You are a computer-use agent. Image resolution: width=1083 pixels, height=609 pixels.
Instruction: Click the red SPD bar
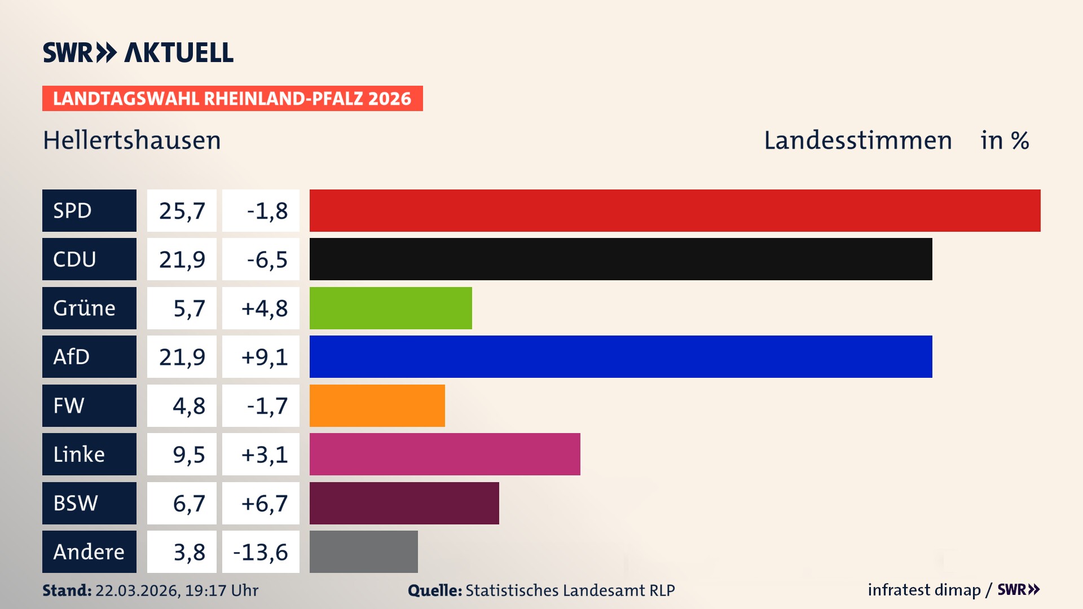click(x=675, y=210)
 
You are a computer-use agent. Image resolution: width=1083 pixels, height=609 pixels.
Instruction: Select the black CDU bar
click(x=620, y=259)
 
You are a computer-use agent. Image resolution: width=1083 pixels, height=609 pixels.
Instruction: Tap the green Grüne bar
click(x=390, y=308)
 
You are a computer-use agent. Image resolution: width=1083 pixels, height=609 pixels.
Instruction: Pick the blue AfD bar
click(x=620, y=356)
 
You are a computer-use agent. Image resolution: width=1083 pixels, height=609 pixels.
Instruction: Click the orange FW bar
click(x=377, y=405)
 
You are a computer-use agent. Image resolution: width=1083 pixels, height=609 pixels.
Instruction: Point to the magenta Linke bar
click(x=444, y=454)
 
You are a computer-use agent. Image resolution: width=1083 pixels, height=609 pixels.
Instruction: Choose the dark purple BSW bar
click(x=404, y=503)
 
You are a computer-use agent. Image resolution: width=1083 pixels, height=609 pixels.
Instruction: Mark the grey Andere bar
click(x=363, y=551)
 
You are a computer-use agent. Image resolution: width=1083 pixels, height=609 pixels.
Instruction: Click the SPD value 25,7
click(x=182, y=211)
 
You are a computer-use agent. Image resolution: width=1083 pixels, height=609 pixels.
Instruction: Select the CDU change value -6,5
click(x=267, y=260)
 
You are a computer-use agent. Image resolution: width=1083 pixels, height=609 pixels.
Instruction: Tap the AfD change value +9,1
click(x=264, y=357)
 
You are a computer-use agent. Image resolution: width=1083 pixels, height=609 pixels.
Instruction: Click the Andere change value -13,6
click(x=261, y=552)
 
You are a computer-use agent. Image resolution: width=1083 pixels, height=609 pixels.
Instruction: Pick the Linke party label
click(x=79, y=454)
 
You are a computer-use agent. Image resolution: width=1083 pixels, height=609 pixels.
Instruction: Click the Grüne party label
click(x=84, y=308)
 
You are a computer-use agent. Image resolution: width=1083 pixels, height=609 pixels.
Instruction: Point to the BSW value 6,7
click(x=188, y=504)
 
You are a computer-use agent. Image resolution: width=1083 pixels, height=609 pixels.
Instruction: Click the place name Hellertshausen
click(x=131, y=140)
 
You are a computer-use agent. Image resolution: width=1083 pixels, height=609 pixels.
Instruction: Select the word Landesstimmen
click(x=857, y=140)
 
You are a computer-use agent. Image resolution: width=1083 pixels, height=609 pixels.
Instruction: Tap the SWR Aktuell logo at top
click(x=138, y=52)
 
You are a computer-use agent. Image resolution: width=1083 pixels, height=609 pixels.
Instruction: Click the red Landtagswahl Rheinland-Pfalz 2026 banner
click(x=232, y=99)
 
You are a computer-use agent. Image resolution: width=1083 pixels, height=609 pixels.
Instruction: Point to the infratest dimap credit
click(x=923, y=590)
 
